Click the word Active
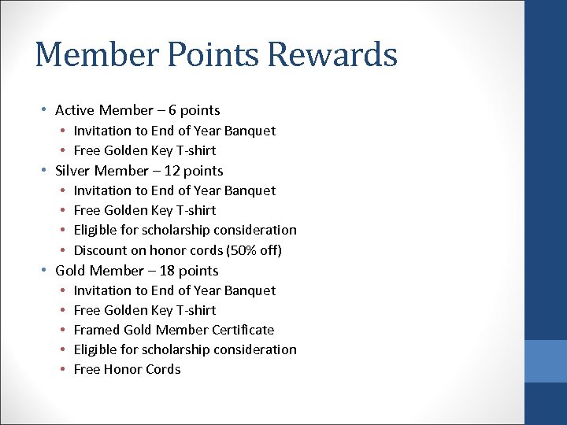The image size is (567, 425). click(75, 110)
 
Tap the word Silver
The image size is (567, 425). click(73, 171)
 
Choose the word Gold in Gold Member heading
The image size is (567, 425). click(70, 271)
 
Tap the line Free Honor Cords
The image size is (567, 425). click(127, 369)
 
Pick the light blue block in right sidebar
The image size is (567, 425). click(546, 361)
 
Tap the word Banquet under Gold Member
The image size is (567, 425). click(250, 290)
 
